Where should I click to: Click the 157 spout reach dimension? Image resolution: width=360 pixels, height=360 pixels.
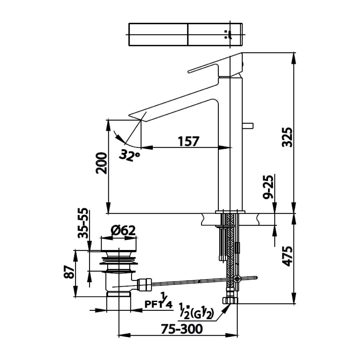(x=188, y=141)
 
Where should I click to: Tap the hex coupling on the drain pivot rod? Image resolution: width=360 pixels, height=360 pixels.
(x=144, y=284)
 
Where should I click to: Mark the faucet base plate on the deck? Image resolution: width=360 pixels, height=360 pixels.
(x=230, y=212)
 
